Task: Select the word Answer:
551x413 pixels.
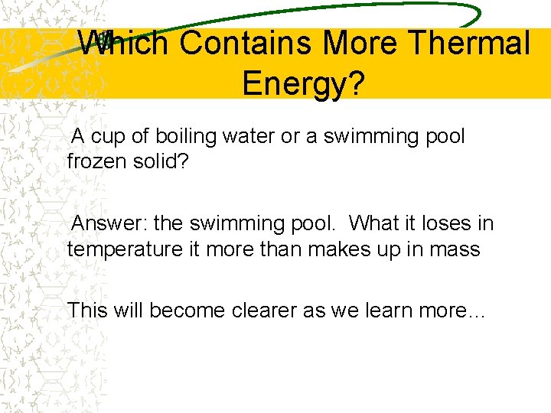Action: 109,224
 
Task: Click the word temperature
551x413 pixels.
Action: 119,249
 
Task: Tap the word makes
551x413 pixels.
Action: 340,249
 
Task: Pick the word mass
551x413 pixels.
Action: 456,249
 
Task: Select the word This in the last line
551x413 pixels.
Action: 86,311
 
